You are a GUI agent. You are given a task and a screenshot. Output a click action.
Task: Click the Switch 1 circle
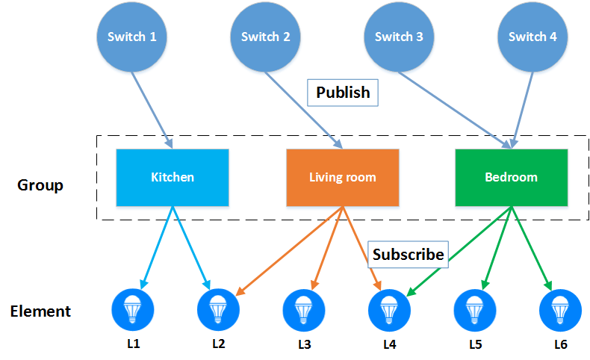[x=131, y=37]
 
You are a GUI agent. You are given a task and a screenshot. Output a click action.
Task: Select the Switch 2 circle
[x=265, y=37]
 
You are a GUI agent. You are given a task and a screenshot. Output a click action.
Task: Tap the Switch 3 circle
[x=399, y=37]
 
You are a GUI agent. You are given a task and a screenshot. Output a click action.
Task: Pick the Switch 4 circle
[x=532, y=37]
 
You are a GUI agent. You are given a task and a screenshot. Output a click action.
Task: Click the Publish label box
[x=343, y=93]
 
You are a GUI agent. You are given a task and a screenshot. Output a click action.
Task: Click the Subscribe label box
[x=409, y=254]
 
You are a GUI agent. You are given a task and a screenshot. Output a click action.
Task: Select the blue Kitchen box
[x=173, y=177]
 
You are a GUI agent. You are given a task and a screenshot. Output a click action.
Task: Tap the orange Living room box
[x=342, y=177]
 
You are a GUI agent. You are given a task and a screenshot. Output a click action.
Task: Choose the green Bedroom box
[x=512, y=177]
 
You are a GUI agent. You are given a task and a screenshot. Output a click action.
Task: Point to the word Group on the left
[x=40, y=184]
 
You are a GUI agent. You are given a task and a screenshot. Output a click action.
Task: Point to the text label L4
[x=389, y=344]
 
